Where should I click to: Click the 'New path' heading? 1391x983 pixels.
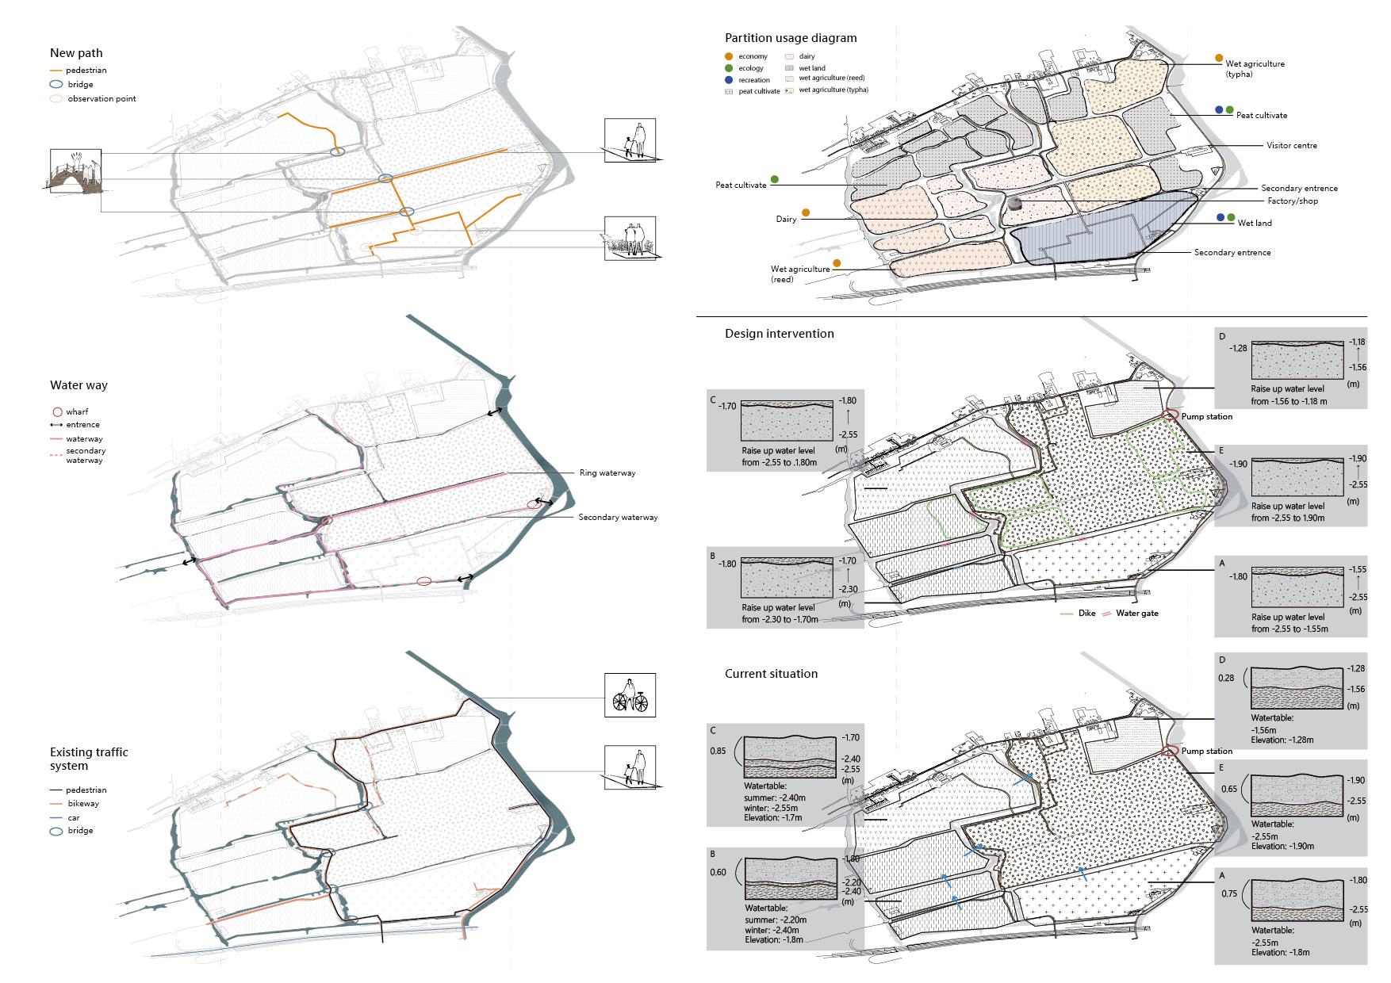pyautogui.click(x=76, y=53)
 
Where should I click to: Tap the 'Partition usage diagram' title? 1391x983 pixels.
pyautogui.click(x=791, y=38)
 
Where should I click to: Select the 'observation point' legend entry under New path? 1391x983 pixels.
pyautogui.click(x=102, y=99)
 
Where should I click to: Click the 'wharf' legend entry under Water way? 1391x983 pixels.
pyautogui.click(x=77, y=412)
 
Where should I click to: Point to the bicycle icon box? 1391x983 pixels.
pyautogui.click(x=630, y=695)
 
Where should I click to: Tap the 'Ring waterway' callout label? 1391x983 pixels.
pyautogui.click(x=607, y=473)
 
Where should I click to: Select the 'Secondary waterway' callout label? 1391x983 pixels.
pyautogui.click(x=618, y=518)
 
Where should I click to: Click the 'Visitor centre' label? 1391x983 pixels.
pyautogui.click(x=1291, y=146)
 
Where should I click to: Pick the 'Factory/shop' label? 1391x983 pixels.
pyautogui.click(x=1293, y=201)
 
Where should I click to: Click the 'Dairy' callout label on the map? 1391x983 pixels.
pyautogui.click(x=786, y=220)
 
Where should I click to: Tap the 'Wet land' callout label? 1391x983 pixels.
pyautogui.click(x=1255, y=224)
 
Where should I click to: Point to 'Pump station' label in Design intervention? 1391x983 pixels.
pyautogui.click(x=1207, y=417)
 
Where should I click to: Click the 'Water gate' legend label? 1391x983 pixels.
pyautogui.click(x=1136, y=614)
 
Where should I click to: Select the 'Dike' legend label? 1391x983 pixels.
pyautogui.click(x=1086, y=614)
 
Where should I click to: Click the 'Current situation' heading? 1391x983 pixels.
pyautogui.click(x=771, y=674)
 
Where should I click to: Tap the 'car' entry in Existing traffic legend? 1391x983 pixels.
pyautogui.click(x=74, y=817)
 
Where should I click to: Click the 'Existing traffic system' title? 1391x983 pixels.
pyautogui.click(x=88, y=759)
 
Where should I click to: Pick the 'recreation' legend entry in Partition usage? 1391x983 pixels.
pyautogui.click(x=753, y=80)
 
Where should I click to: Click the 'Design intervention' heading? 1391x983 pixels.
pyautogui.click(x=779, y=334)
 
